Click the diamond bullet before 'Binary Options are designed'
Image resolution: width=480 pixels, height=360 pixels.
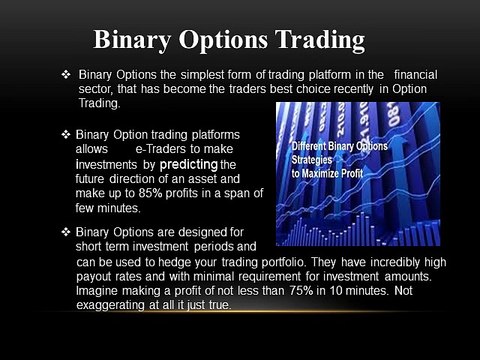[x=66, y=232]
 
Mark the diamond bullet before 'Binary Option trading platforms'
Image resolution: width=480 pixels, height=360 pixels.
[x=66, y=133]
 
